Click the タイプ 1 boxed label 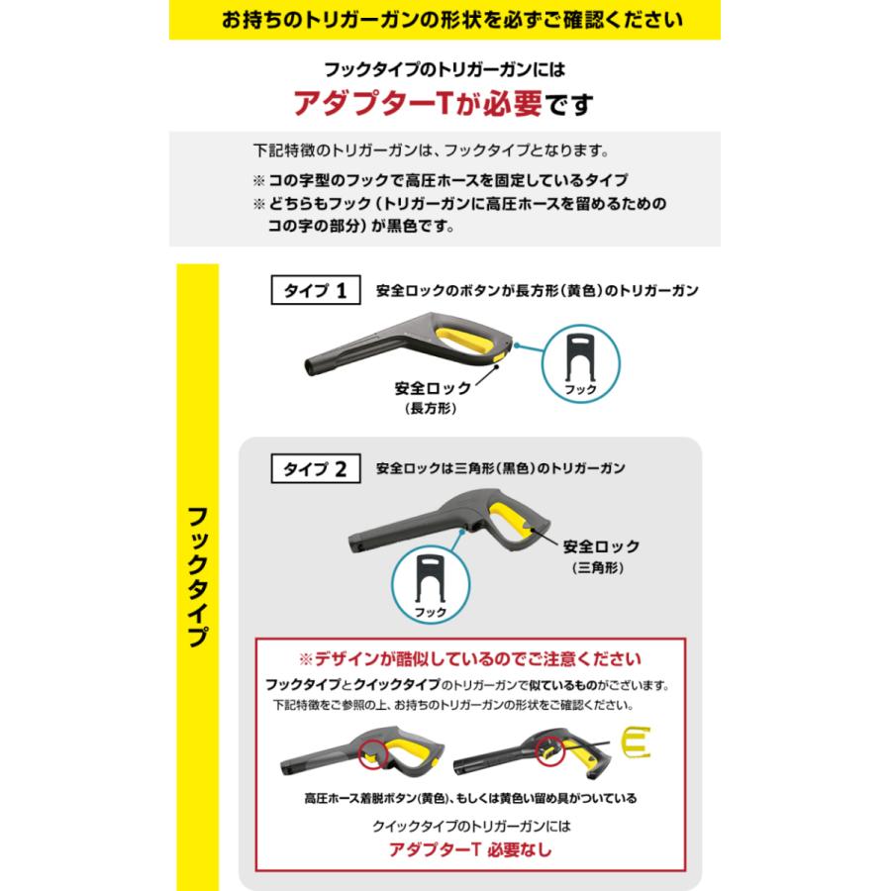[314, 291]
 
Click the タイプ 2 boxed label [314, 469]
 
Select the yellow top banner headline [445, 19]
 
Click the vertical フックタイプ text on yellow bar [197, 574]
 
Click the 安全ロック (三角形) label [601, 555]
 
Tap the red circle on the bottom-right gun [550, 752]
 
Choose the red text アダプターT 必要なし [470, 848]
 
